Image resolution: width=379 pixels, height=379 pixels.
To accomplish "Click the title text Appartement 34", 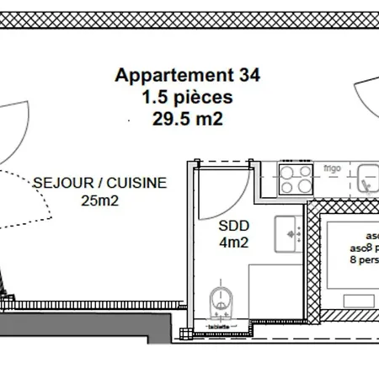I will (x=188, y=74).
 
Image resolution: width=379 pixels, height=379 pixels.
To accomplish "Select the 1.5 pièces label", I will (x=188, y=96).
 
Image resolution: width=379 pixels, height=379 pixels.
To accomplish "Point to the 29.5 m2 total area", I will (x=188, y=119).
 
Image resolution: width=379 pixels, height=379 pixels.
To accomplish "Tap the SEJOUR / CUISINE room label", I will (x=100, y=182).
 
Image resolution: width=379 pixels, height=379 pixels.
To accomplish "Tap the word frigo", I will (x=331, y=168).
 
